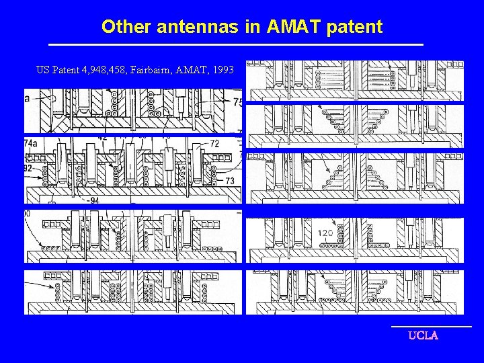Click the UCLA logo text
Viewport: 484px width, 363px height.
pyautogui.click(x=423, y=335)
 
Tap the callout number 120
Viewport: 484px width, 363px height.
pyautogui.click(x=325, y=233)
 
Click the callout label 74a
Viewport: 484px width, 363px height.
pyautogui.click(x=31, y=143)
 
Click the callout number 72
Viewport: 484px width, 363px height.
pyautogui.click(x=214, y=144)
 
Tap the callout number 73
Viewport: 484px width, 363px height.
pyautogui.click(x=230, y=181)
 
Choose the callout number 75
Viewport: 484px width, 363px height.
pyautogui.click(x=237, y=102)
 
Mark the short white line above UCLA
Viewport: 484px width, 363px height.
pyautogui.click(x=431, y=327)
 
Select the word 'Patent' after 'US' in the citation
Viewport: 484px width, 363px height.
pyautogui.click(x=63, y=69)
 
